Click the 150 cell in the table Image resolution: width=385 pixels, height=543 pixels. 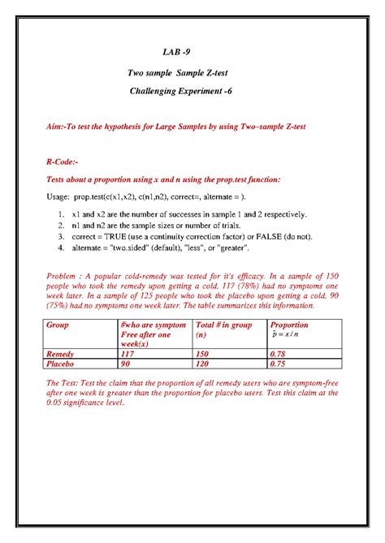click(204, 355)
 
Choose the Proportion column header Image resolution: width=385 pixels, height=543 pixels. click(289, 325)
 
